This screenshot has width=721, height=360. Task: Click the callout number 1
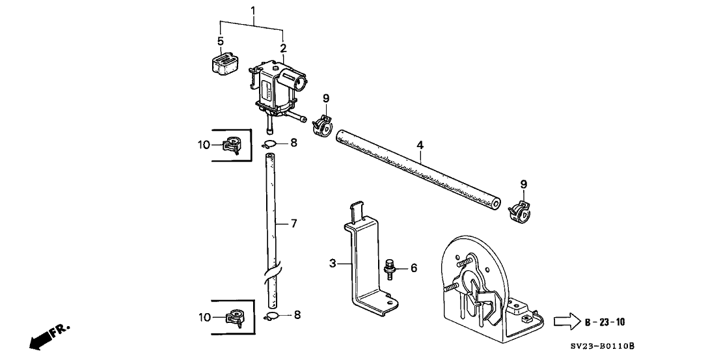pyautogui.click(x=253, y=11)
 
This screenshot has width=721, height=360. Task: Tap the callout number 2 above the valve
pyautogui.click(x=283, y=48)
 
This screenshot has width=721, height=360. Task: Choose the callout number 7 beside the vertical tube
pyautogui.click(x=293, y=223)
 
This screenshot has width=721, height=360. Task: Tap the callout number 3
pyautogui.click(x=333, y=264)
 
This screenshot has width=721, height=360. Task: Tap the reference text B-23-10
pyautogui.click(x=605, y=322)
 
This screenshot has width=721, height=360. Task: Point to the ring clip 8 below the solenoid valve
pyautogui.click(x=272, y=143)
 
